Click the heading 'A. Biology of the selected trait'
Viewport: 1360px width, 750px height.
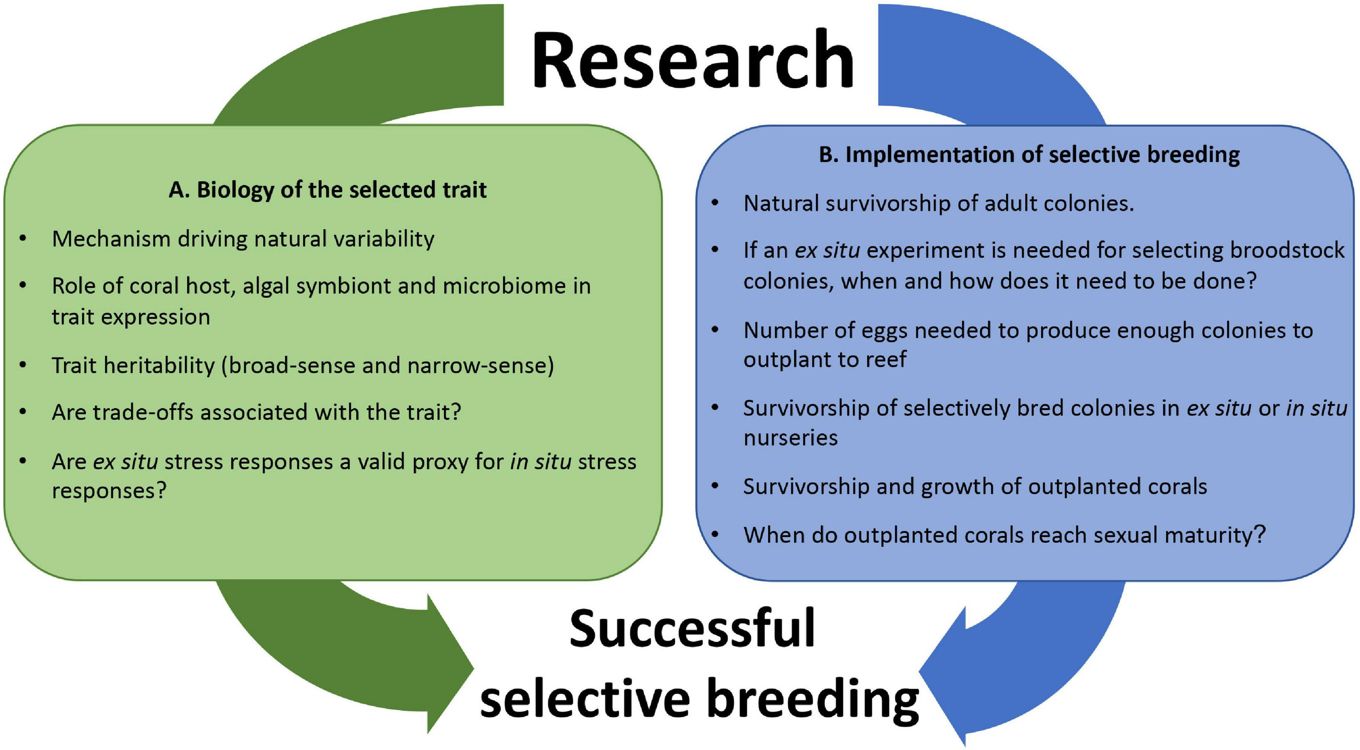pos(327,190)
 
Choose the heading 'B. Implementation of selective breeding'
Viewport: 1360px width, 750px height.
pos(1029,155)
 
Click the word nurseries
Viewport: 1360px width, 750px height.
pos(790,438)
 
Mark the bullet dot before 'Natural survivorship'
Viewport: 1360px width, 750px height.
pos(715,203)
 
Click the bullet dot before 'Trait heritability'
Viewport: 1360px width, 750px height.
pos(23,365)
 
